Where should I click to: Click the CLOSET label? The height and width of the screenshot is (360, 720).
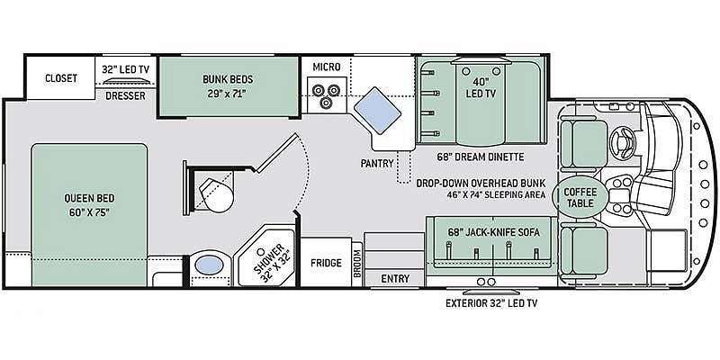coord(61,78)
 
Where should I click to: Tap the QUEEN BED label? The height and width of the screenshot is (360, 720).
coord(89,199)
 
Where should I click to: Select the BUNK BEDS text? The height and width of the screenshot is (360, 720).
coord(228,79)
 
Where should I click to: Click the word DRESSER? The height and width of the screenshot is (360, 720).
coord(125,96)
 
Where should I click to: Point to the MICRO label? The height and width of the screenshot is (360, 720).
coord(327,67)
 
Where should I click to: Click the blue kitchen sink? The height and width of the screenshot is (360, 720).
coord(378,110)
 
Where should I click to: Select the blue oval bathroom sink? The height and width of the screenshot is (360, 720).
coord(208,265)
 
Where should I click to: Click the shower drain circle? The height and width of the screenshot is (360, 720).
coord(261,252)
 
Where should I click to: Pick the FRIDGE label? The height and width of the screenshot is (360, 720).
coord(326,263)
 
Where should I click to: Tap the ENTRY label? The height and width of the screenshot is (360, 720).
coord(395,279)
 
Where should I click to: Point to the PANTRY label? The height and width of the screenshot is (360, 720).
coord(377,164)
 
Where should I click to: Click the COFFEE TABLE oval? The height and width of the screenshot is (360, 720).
coord(580,197)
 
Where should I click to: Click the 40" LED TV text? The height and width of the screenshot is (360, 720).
coord(481,87)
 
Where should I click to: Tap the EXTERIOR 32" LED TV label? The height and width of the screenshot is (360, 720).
coord(491,303)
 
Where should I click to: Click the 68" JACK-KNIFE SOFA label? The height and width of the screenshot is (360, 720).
coord(493,232)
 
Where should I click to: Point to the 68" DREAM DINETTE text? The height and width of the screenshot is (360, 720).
coord(481,157)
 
